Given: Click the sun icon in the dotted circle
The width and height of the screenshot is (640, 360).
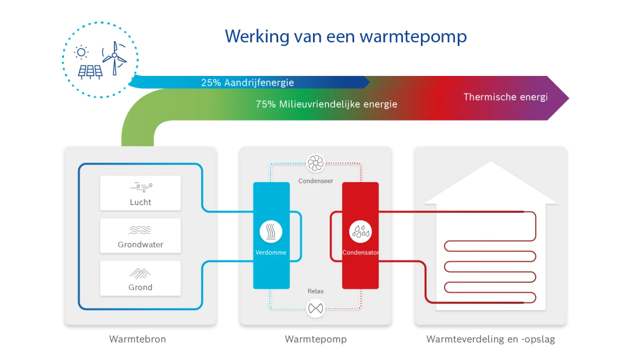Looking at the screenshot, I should [x=81, y=52].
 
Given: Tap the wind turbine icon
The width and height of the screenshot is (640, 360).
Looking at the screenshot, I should [x=114, y=57].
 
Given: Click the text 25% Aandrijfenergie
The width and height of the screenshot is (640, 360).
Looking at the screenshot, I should [x=247, y=82].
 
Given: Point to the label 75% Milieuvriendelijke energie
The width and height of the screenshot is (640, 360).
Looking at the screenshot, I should [x=327, y=104].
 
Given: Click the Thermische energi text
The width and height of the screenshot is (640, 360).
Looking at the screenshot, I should [x=505, y=97].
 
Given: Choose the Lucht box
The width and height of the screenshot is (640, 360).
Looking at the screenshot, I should [x=140, y=193].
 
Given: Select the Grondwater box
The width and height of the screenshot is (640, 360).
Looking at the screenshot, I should [x=140, y=235].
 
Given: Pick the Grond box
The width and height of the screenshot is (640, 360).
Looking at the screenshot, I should [x=140, y=278].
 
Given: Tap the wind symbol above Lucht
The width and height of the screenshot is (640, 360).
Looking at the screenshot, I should [x=141, y=188].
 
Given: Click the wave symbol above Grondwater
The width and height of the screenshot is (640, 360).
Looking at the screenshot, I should [x=140, y=230].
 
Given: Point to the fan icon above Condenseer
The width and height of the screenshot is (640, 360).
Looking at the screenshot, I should [x=315, y=163].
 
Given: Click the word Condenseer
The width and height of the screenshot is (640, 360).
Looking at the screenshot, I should [x=316, y=181].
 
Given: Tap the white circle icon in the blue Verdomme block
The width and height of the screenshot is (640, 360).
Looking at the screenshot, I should [x=271, y=232].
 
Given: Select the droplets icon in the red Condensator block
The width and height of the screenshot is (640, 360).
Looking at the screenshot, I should [x=360, y=232].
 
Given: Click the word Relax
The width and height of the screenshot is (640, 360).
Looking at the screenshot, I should [x=316, y=291].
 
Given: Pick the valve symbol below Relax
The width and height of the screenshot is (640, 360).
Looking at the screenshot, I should [x=315, y=308].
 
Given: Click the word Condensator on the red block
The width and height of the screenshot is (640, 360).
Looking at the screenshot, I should [x=361, y=253].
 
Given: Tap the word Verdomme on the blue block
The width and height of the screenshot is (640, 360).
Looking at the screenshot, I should [x=271, y=253].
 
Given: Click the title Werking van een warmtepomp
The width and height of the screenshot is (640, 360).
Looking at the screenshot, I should [x=346, y=37].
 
